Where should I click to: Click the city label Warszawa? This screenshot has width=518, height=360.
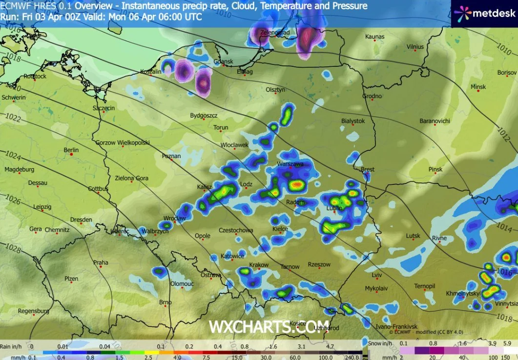point(290,164)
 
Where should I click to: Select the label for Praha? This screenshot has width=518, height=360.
point(101,263)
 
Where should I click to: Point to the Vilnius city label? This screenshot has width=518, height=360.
point(415,47)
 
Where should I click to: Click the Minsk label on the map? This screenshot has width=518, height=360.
point(478,87)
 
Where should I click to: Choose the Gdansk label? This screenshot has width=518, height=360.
point(224,61)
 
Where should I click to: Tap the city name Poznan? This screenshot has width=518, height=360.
point(171,156)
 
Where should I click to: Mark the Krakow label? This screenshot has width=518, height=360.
point(259,265)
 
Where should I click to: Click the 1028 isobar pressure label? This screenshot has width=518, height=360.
point(14,249)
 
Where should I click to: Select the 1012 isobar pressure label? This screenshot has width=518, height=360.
point(503,132)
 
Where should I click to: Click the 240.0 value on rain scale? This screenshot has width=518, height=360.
point(352,357)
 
